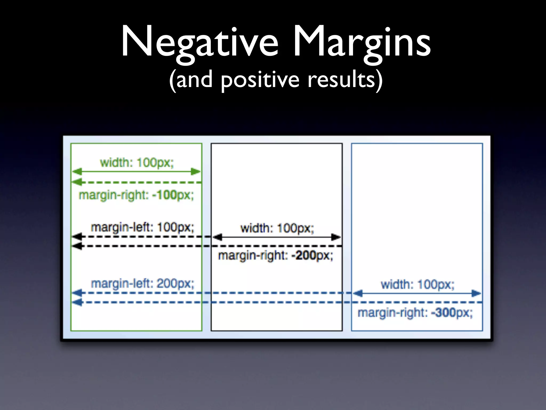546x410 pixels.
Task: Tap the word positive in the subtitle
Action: tap(260, 80)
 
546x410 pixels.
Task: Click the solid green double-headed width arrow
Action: tap(136, 172)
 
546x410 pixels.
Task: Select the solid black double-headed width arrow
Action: tap(276, 237)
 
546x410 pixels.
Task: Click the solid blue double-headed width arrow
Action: tap(417, 293)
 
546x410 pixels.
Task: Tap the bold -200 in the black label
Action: tap(303, 255)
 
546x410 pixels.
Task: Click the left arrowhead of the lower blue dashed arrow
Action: tap(77, 302)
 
